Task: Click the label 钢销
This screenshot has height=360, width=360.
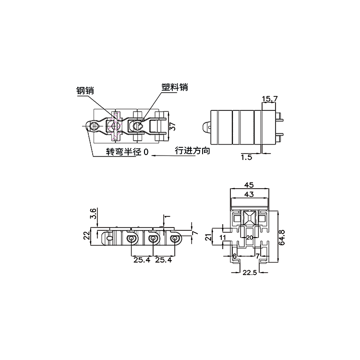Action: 85,90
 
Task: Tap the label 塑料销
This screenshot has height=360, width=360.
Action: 175,87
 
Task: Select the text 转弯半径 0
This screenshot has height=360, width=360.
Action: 127,152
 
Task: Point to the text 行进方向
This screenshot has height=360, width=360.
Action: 192,151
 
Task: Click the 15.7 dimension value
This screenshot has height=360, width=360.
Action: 270,99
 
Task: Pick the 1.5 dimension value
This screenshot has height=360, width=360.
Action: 246,157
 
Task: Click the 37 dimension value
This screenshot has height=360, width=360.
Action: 172,126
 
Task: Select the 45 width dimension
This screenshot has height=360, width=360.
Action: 249,185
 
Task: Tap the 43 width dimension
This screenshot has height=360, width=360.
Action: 249,194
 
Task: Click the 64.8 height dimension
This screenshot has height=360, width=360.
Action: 282,237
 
